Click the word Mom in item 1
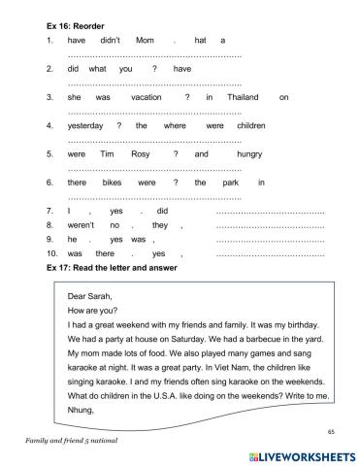tap(144, 41)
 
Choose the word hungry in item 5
tap(249, 153)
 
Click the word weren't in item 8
tap(82, 224)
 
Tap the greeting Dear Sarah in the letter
tap(91, 297)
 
